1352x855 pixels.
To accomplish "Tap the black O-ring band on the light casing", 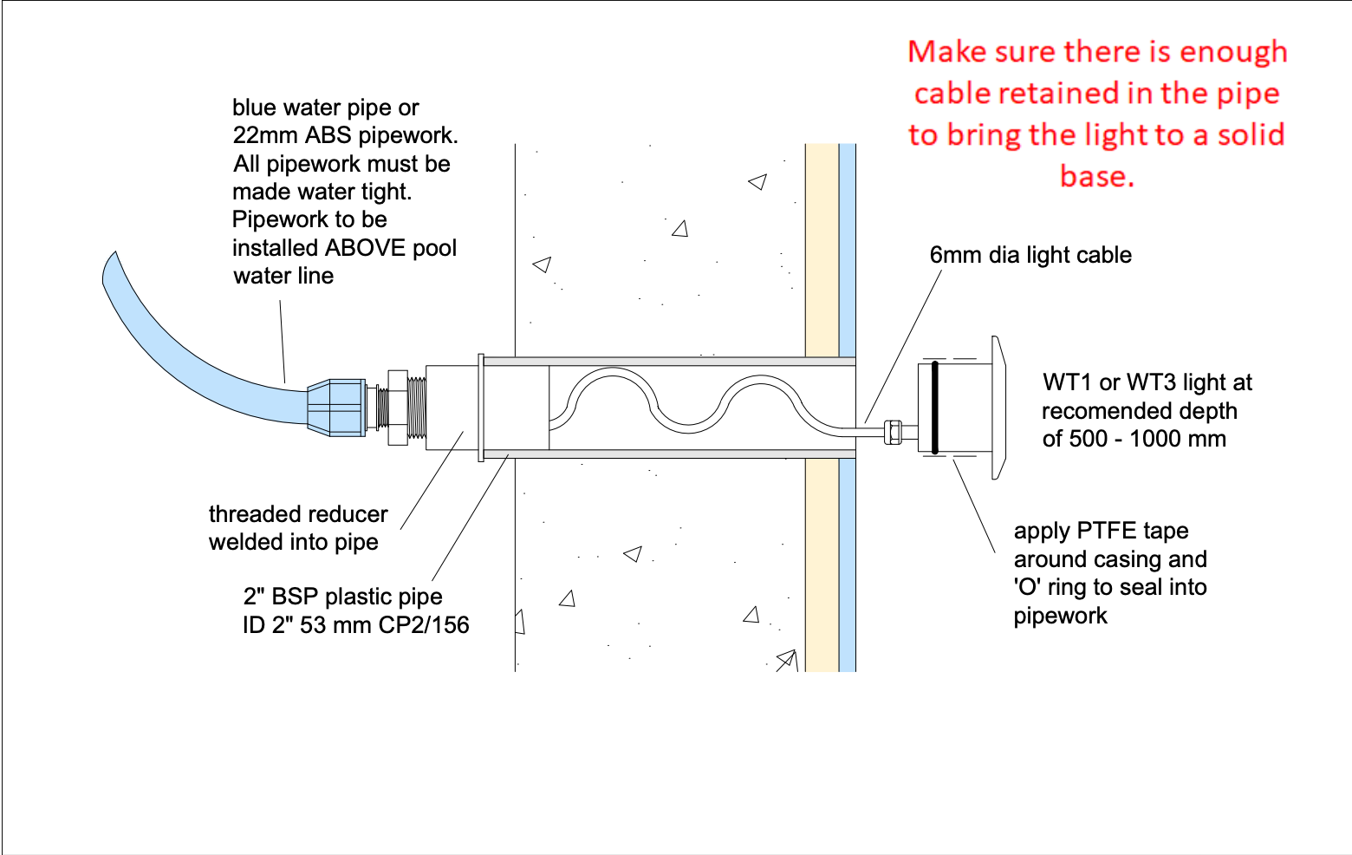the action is (x=934, y=407).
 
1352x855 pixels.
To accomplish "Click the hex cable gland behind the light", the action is (x=894, y=433).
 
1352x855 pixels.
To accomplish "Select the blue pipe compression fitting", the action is (x=336, y=407).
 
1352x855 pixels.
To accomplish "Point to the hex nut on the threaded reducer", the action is (x=398, y=408).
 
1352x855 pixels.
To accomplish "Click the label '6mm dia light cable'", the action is (x=1030, y=255).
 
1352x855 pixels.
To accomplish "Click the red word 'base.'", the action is (x=1097, y=176).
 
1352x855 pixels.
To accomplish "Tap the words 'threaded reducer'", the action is (x=298, y=514).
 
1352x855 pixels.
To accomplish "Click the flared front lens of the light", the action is (x=998, y=408).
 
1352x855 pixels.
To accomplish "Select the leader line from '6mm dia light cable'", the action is (x=903, y=346).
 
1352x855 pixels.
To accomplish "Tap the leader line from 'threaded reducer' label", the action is (x=432, y=480).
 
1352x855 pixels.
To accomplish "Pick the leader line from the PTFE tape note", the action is (x=974, y=506).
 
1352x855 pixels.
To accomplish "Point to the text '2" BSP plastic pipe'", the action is (x=343, y=597).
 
